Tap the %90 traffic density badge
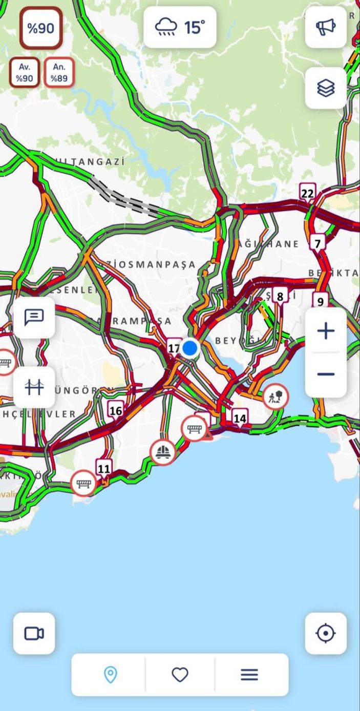click(x=41, y=28)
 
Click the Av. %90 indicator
click(x=25, y=73)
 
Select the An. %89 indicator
click(x=59, y=73)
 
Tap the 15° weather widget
click(x=180, y=27)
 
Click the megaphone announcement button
click(x=326, y=27)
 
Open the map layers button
click(x=326, y=88)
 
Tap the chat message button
click(x=34, y=318)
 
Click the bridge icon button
click(x=34, y=387)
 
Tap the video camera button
click(x=34, y=634)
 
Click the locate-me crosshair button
click(x=326, y=634)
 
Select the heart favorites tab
click(x=180, y=675)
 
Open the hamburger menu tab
click(x=249, y=675)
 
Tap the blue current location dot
click(x=190, y=348)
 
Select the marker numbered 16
click(x=116, y=410)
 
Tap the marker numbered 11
click(x=104, y=468)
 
